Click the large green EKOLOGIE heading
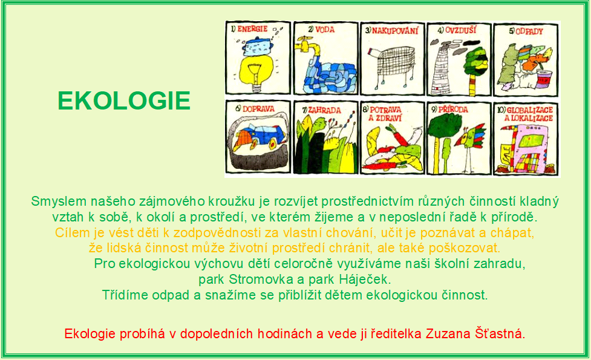(x=124, y=100)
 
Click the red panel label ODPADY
(x=529, y=31)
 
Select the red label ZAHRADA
(x=324, y=110)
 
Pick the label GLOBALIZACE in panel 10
(x=529, y=110)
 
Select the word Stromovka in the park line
(x=261, y=280)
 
